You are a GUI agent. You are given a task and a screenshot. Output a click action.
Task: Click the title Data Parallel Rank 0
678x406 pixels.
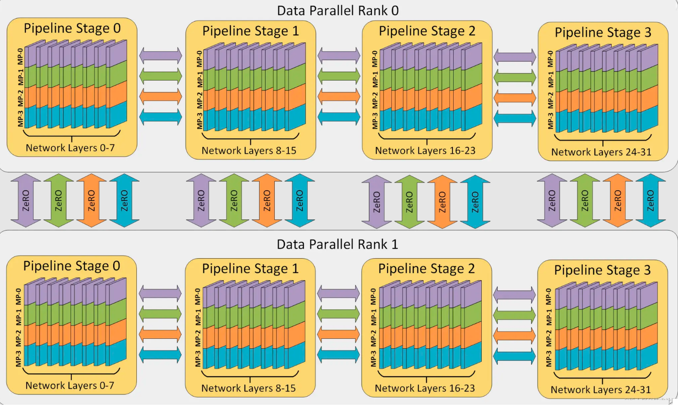338,11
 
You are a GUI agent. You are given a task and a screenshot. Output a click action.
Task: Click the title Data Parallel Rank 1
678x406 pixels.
337,245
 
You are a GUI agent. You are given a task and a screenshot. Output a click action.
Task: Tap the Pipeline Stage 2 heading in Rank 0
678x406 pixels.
427,31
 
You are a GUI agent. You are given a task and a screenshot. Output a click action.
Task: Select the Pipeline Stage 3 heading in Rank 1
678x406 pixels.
602,270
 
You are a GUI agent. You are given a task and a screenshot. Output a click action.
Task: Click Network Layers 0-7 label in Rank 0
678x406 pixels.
70,148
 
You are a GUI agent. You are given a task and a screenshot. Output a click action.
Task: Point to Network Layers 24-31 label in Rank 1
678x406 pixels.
601,390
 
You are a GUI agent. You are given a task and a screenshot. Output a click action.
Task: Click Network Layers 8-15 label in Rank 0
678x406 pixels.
249,150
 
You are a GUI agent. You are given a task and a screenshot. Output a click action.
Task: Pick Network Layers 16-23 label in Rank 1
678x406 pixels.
425,388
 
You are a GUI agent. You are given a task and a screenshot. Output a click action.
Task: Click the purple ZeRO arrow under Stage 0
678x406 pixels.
26,201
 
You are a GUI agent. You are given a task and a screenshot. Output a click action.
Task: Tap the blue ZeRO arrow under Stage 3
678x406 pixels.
650,201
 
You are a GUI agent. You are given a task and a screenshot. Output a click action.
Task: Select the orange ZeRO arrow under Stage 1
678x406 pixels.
266,201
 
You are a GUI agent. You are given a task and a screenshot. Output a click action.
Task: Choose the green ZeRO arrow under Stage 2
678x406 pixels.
409,201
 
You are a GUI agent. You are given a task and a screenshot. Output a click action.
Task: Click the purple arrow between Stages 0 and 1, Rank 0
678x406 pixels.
161,56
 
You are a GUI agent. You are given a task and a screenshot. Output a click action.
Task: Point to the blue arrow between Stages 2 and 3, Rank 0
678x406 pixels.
515,118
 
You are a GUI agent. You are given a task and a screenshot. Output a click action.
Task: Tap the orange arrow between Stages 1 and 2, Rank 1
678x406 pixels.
338,334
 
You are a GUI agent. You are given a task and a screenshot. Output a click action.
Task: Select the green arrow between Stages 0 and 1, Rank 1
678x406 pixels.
160,314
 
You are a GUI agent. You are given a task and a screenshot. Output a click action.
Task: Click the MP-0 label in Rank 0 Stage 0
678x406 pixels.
20,56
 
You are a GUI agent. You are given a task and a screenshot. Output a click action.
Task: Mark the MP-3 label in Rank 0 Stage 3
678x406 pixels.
551,121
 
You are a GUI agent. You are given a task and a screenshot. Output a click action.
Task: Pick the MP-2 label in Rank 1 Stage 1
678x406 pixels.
198,338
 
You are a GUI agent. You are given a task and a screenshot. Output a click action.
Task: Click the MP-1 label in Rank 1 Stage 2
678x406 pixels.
374,317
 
